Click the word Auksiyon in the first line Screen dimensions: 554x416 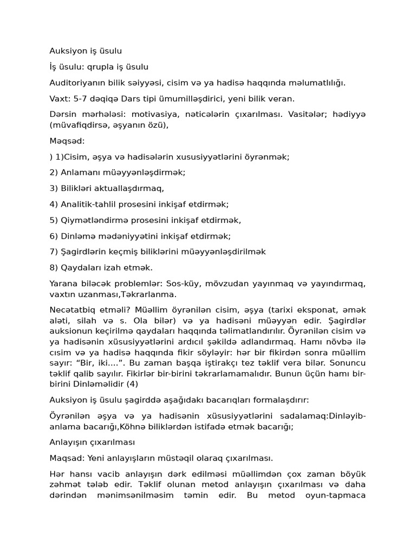point(68,51)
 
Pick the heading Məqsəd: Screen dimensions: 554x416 point(67,141)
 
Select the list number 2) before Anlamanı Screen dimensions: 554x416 point(54,173)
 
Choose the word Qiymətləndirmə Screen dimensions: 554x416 point(92,220)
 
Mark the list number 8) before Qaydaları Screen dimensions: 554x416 point(54,267)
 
